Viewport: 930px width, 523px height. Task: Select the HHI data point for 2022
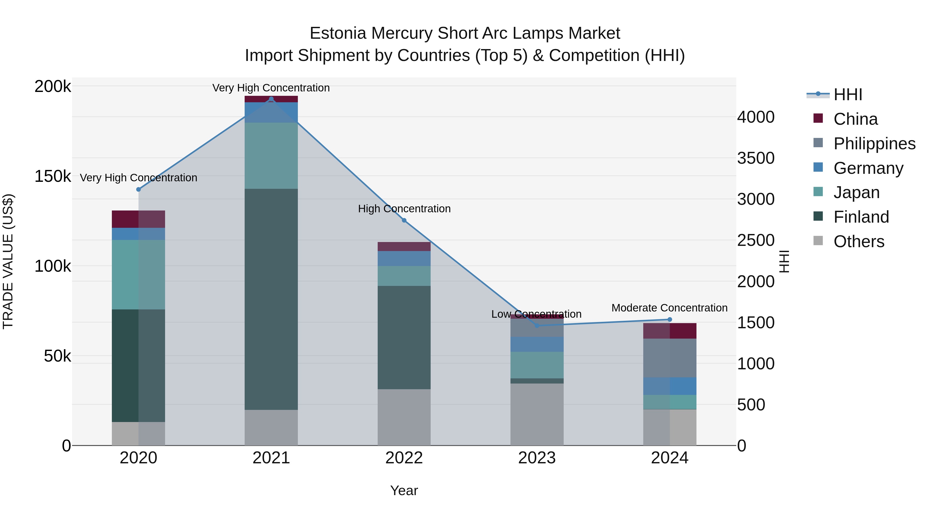coord(404,221)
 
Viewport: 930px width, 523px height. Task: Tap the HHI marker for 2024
coord(670,319)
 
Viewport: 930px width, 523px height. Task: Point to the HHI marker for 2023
coord(537,326)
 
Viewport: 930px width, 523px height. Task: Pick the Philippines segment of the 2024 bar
coord(670,358)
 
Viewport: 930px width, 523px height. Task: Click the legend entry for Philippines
coord(874,144)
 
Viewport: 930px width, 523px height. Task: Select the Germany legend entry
coord(868,168)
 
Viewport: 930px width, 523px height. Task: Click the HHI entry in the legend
coord(847,95)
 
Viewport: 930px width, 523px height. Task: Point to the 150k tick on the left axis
coord(53,176)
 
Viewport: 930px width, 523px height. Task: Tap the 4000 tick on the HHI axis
coord(756,117)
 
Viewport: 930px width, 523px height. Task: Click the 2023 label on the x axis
coord(537,458)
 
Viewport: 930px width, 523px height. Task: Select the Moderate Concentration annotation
coord(669,308)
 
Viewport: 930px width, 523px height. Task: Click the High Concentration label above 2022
coord(404,209)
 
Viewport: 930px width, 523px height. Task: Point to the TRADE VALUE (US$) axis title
coord(8,261)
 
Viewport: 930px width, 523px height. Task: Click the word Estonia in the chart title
coord(338,34)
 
